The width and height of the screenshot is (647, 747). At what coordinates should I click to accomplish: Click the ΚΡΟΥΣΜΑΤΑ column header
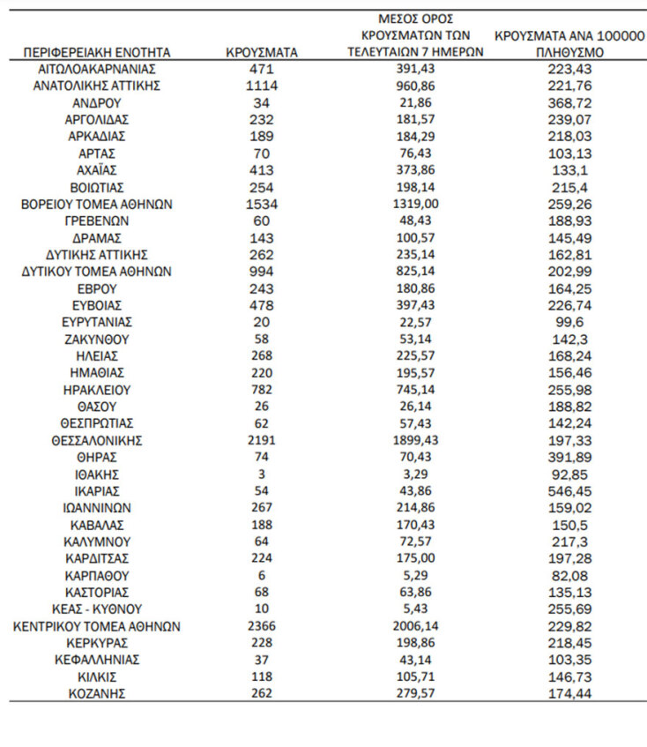click(x=262, y=53)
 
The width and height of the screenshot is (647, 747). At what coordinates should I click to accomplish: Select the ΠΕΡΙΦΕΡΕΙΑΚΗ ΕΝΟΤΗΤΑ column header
click(x=97, y=53)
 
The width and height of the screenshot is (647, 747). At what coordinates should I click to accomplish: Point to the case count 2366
click(x=262, y=626)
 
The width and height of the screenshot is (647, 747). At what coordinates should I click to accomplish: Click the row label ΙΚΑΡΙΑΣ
click(x=97, y=491)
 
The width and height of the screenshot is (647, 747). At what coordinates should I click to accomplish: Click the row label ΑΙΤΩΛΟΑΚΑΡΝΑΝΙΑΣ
click(x=97, y=69)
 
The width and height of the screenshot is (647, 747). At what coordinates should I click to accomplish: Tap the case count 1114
click(x=262, y=86)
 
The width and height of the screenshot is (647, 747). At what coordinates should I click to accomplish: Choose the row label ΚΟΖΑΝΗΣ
click(x=97, y=693)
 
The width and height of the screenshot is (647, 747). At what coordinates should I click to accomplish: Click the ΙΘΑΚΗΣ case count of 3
click(x=262, y=474)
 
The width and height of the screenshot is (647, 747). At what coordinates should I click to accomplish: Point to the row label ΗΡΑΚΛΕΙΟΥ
click(x=97, y=390)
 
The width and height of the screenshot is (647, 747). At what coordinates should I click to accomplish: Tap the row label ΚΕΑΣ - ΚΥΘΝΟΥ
click(x=97, y=609)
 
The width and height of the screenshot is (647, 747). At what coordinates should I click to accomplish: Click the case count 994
click(x=262, y=272)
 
